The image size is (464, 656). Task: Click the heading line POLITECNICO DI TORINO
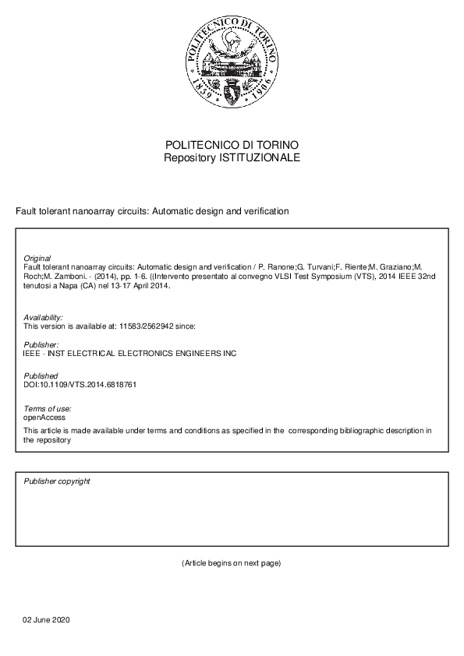tap(232, 146)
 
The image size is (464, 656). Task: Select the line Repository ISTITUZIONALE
tap(232, 157)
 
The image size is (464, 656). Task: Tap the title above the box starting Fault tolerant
tap(153, 211)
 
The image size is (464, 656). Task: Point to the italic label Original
tap(37, 258)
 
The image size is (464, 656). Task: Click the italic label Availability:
tap(44, 318)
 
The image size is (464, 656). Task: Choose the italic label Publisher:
tap(41, 344)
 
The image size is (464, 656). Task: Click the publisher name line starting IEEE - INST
tap(129, 353)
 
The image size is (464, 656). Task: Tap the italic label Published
tap(41, 376)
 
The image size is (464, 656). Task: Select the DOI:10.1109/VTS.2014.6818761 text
tap(80, 384)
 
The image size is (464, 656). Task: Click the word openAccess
tap(44, 417)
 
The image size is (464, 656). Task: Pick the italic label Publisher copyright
tap(57, 481)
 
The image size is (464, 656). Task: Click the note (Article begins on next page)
tap(231, 563)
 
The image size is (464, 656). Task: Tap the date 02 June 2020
tap(46, 619)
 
